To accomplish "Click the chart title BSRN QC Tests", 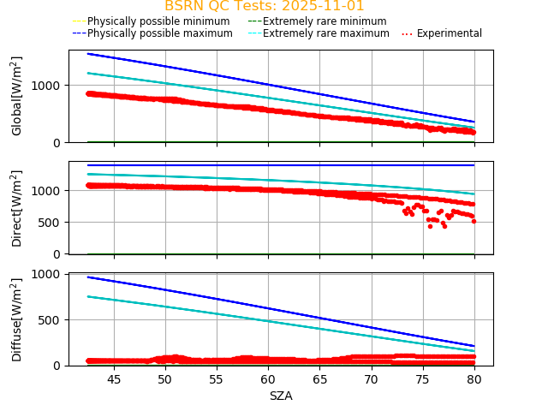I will [x=264, y=6].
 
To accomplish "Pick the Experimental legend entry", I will [x=442, y=33].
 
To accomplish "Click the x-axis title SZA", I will [x=281, y=396].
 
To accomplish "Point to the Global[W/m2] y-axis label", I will [x=17, y=96].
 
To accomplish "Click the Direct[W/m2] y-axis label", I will [x=17, y=208].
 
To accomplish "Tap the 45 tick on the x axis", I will [x=114, y=378].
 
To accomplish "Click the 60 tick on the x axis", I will [x=268, y=378].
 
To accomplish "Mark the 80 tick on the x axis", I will [x=474, y=378].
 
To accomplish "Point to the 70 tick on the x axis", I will [x=372, y=378].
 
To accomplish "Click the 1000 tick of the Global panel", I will [x=48, y=86].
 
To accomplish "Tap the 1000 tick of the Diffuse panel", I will [x=48, y=274].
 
